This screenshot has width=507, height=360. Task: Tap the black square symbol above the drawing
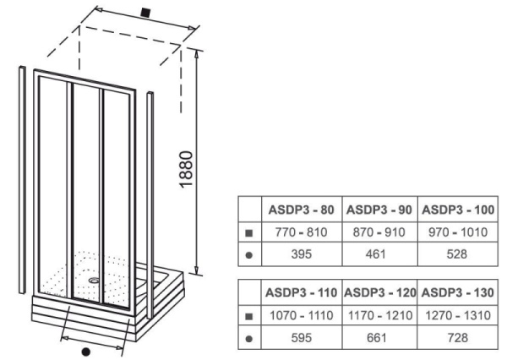[146, 13]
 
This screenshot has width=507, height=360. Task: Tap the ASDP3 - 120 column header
[379, 292]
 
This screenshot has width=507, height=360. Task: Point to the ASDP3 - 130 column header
[459, 292]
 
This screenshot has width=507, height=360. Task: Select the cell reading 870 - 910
[379, 230]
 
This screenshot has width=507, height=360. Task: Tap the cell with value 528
[459, 251]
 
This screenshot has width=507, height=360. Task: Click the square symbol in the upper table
[249, 231]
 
